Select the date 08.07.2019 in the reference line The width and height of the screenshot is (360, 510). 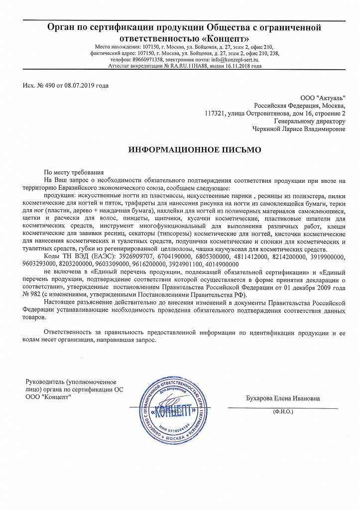(80, 86)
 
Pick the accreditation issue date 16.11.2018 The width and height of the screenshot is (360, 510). (239, 66)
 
